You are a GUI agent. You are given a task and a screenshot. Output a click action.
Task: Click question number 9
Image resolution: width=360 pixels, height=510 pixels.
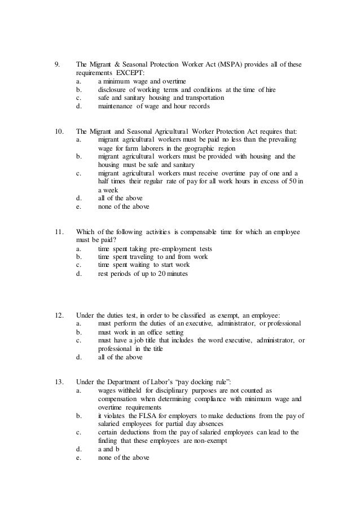tap(56, 64)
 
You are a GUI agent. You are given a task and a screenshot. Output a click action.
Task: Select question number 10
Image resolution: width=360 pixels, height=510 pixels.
tap(58, 131)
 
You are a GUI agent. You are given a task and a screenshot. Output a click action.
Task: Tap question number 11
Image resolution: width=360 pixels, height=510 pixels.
tap(58, 232)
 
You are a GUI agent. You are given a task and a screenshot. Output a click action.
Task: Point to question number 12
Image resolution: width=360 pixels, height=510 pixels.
tap(58, 314)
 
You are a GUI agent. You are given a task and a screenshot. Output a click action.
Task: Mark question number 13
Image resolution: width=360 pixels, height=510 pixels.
tap(58, 382)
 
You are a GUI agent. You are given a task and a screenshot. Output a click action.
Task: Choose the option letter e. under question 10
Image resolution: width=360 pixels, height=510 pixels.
tap(78, 207)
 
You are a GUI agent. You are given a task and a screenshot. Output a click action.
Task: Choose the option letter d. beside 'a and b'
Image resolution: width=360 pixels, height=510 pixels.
tap(78, 450)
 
